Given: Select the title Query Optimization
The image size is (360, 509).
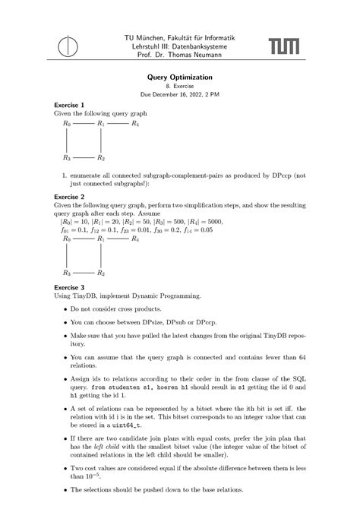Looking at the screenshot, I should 179,77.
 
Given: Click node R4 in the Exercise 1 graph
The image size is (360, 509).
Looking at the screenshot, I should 134,123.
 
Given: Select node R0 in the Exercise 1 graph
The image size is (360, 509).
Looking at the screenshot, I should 67,123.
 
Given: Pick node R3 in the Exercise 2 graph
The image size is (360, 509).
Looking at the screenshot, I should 67,272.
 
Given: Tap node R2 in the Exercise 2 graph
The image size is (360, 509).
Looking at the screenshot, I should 100,272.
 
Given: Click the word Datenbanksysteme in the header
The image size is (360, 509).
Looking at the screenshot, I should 211,46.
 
